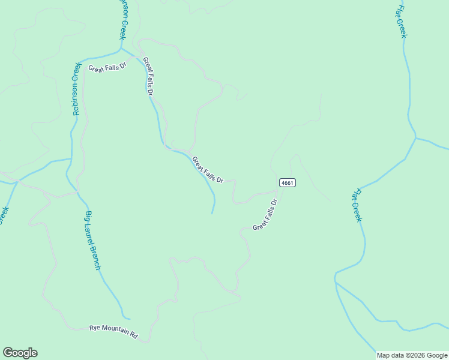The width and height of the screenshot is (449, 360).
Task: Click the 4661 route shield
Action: (287, 182)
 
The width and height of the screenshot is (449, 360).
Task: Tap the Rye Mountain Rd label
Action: (113, 332)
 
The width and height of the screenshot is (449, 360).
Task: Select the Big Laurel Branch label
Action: (92, 241)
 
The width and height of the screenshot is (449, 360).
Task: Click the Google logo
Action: (20, 353)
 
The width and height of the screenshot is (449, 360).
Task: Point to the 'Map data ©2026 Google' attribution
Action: (412, 355)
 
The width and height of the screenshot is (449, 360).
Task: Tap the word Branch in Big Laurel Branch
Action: (96, 259)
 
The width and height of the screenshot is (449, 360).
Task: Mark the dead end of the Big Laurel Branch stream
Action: (129, 319)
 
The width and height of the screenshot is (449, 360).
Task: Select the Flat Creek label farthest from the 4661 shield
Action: (402, 21)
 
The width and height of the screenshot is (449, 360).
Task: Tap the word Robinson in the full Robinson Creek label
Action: (76, 98)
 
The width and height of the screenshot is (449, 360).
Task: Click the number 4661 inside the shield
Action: (287, 182)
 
